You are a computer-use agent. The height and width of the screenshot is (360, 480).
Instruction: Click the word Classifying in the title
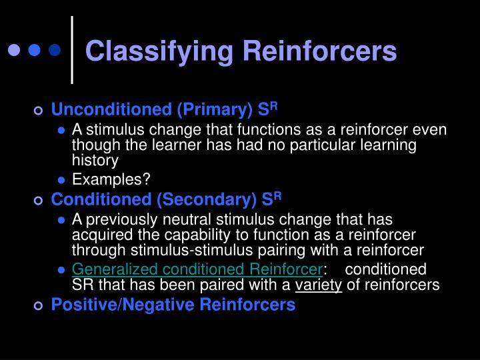[157, 51]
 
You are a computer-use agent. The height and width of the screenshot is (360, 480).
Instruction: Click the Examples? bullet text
[111, 179]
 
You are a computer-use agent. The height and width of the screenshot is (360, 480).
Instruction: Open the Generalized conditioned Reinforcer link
[197, 269]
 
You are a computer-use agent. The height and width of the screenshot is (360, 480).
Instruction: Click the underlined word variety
[323, 285]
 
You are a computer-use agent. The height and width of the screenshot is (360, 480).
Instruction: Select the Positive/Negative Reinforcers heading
[173, 305]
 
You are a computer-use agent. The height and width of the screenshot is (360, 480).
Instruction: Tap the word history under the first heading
[95, 160]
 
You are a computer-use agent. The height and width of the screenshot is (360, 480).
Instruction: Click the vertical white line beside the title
[73, 50]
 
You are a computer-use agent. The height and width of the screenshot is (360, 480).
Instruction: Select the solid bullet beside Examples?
[61, 179]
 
